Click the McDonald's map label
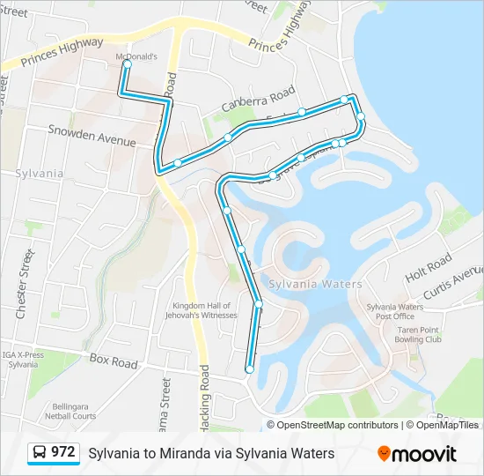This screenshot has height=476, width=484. pyautogui.click(x=136, y=56)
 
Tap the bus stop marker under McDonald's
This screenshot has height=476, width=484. pyautogui.click(x=128, y=64)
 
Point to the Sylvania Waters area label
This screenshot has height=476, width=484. pyautogui.click(x=315, y=284)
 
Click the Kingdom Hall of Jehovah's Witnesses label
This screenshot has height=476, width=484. pyautogui.click(x=205, y=310)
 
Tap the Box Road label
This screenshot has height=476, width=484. pyautogui.click(x=114, y=362)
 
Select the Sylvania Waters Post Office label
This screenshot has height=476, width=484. pyautogui.click(x=395, y=311)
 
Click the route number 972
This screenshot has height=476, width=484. pyautogui.click(x=62, y=452)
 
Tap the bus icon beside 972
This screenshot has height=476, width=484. pyautogui.click(x=40, y=453)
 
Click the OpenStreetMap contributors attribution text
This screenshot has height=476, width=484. pyautogui.click(x=337, y=425)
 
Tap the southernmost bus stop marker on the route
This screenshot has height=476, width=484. pyautogui.click(x=250, y=369)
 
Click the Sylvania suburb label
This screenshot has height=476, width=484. pyautogui.click(x=40, y=174)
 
